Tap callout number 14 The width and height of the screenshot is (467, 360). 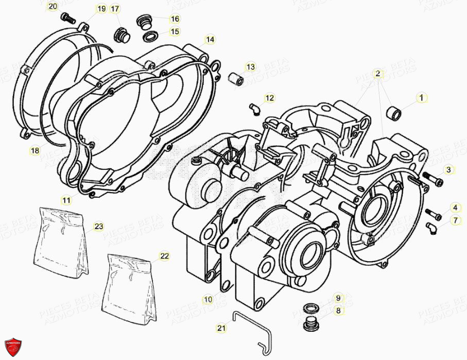tap(210, 39)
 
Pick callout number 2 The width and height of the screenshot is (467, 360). tap(378, 74)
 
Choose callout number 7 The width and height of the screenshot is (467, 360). tap(455, 220)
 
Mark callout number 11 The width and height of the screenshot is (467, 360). tap(67, 199)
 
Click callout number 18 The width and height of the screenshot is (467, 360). tap(34, 150)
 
